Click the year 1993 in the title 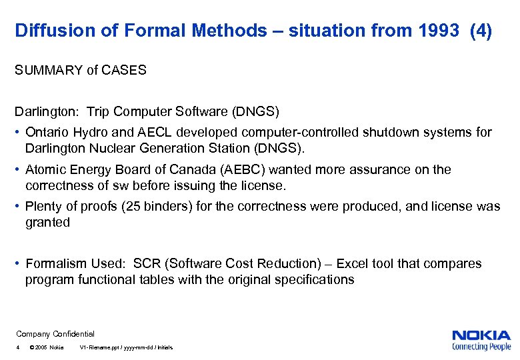pos(435,31)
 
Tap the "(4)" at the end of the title pos(481,31)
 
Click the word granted pos(47,222)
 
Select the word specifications pos(312,279)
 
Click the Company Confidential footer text pos(55,334)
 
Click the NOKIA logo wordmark pos(481,336)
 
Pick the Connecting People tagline pos(481,347)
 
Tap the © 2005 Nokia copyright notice pos(47,348)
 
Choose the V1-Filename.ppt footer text pos(126,348)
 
